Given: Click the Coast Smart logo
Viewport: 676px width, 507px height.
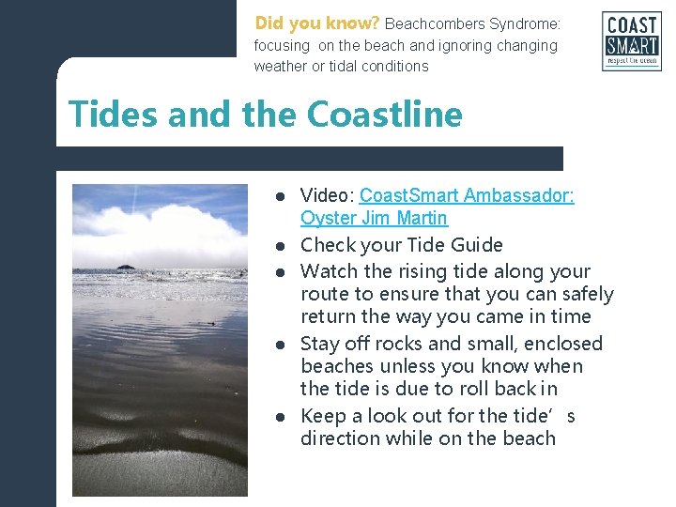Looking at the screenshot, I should pos(631,41).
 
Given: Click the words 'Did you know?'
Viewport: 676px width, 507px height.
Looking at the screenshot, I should pos(316,23).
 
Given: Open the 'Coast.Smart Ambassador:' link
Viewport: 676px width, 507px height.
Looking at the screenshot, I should pos(467,196).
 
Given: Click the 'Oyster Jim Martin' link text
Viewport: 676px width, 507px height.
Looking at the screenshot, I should pos(374,219).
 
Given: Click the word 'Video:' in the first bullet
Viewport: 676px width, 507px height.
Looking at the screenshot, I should pos(327,196).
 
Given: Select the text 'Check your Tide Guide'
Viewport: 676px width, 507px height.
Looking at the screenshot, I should pos(401,245).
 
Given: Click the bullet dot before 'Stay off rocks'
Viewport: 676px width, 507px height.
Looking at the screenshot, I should pos(280,345).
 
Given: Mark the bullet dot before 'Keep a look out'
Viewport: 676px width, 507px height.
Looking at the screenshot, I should pos(280,417).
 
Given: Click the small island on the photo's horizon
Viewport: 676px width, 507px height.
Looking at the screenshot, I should pos(125,268).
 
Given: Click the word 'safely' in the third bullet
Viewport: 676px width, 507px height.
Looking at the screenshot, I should pos(586,295).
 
